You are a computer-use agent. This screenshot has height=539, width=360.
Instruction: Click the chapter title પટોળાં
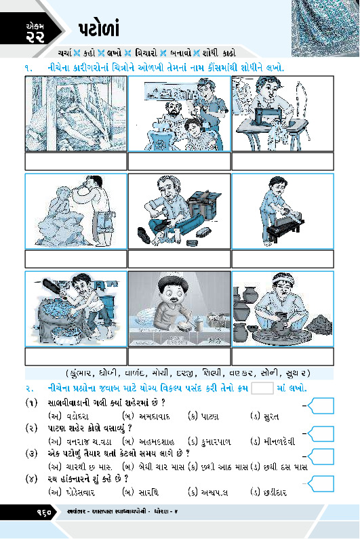tap(99, 29)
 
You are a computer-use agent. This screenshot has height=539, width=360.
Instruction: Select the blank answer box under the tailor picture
tap(283, 161)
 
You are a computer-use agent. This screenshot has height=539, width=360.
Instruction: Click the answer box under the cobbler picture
tap(179, 259)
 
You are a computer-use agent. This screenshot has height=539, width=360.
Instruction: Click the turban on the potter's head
tap(283, 279)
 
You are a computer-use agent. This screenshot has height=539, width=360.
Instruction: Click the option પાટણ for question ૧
tap(209, 417)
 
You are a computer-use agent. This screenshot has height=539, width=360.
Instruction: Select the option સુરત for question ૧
tap(270, 417)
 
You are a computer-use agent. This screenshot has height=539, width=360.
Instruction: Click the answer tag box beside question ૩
tap(321, 456)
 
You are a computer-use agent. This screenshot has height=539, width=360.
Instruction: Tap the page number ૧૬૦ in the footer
tap(44, 512)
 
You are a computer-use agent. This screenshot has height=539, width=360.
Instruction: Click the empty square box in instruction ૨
tap(262, 388)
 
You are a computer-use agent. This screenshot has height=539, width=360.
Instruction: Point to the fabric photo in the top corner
tap(325, 28)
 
